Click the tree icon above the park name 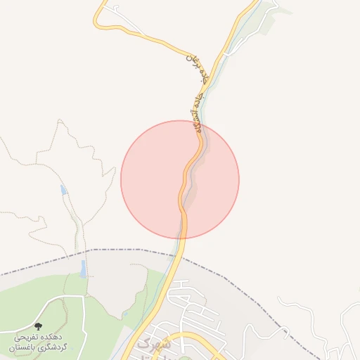coord(38,327)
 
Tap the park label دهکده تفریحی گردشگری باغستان coord(38,342)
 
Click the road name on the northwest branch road coord(199,64)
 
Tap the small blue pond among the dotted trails coord(64,190)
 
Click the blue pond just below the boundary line coord(83,268)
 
